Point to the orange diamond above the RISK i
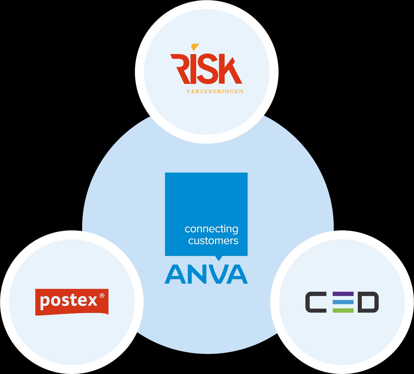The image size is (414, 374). (x=195, y=47)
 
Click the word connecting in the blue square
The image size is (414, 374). (x=211, y=229)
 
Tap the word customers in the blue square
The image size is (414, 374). (x=213, y=241)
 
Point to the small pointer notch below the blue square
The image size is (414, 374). (x=218, y=258)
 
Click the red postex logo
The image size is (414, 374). (x=72, y=302)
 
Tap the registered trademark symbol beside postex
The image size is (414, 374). (x=102, y=295)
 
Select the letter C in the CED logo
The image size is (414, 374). (x=316, y=302)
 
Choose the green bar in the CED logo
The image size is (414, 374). (x=343, y=310)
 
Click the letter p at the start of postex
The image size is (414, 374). (x=45, y=303)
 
